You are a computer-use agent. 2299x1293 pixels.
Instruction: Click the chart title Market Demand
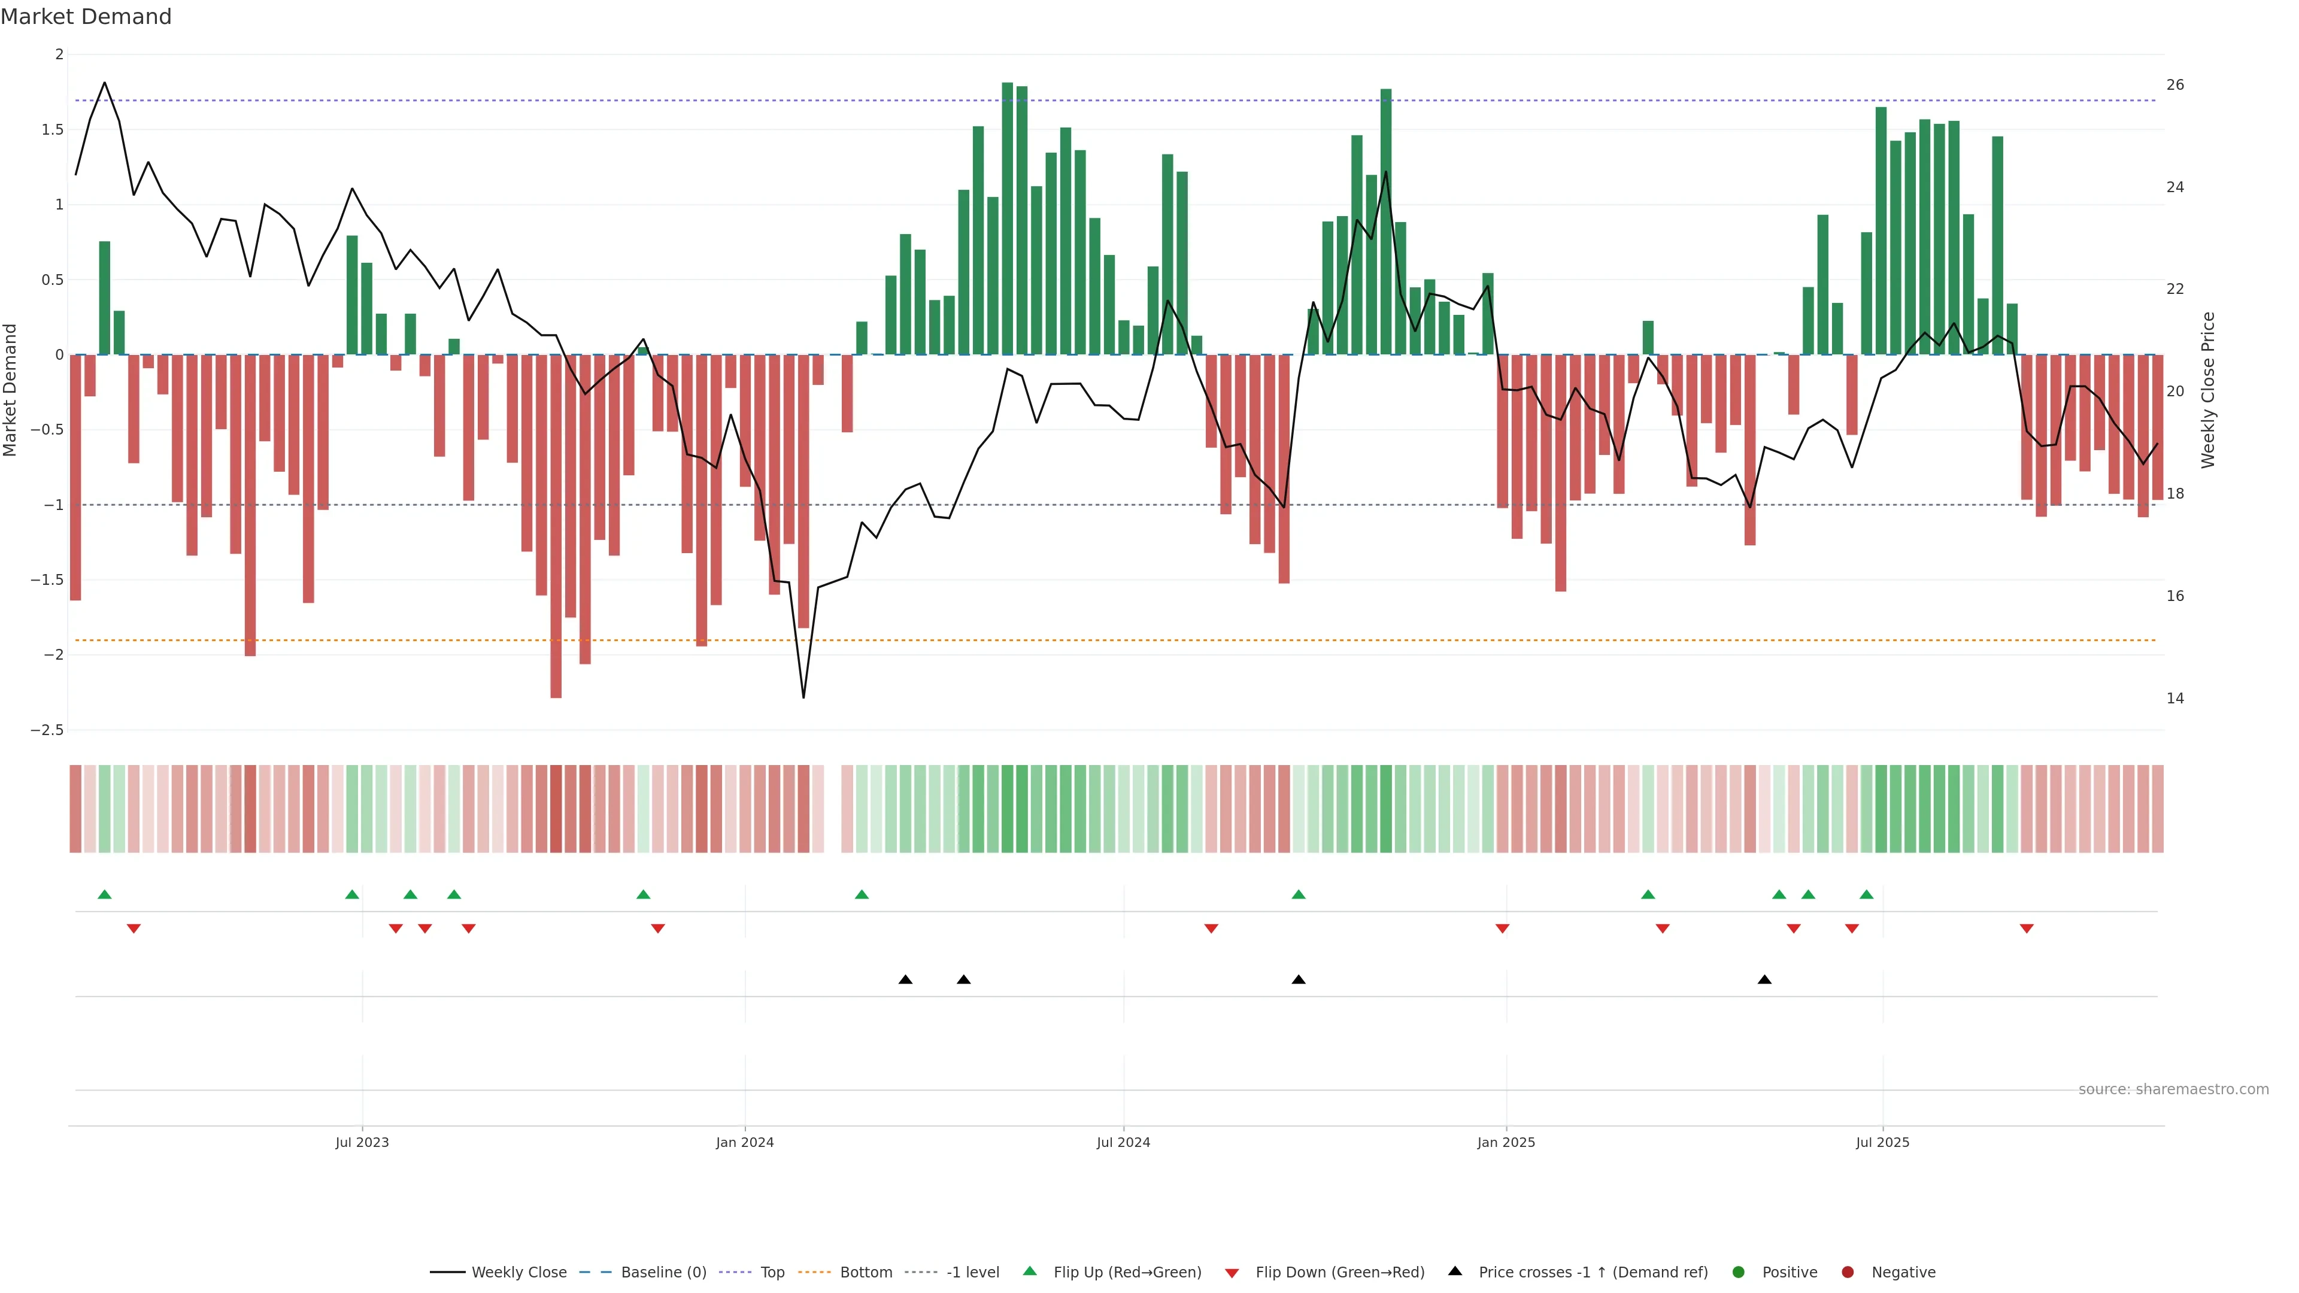86,17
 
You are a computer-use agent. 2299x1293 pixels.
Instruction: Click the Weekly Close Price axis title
2208,390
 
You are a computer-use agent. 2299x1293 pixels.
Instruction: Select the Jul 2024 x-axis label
1123,1142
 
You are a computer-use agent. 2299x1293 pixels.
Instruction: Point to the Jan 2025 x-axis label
1506,1142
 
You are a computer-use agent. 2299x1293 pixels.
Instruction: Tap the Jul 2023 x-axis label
362,1142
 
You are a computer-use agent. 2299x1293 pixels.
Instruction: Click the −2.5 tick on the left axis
47,730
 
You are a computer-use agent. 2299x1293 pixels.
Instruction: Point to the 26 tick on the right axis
2175,85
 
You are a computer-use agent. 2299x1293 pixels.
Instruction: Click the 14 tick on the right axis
2175,698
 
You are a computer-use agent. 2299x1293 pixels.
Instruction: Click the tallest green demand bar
1006,218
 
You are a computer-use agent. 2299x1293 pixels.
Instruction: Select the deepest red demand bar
556,527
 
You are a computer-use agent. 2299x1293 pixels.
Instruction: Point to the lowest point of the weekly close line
803,697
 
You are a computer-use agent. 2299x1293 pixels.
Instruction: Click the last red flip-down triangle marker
2026,929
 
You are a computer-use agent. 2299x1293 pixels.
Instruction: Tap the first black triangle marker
905,980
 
